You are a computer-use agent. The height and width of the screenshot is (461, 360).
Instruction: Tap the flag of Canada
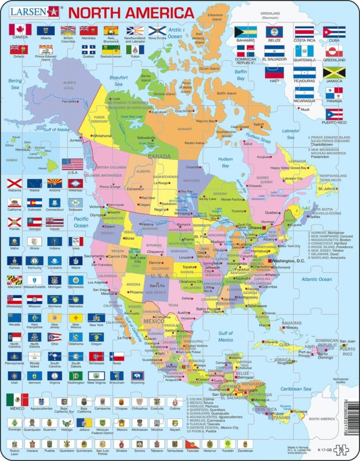(18, 29)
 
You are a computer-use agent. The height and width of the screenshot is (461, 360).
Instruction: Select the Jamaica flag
(334, 73)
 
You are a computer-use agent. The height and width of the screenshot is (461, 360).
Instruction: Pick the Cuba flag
(334, 32)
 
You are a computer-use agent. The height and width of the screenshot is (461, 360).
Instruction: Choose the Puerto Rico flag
(334, 115)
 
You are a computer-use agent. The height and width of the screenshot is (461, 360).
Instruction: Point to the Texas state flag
(117, 356)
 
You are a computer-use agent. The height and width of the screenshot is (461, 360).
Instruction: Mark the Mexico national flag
(16, 400)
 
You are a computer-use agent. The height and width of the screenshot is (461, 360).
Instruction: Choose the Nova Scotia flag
(157, 30)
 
